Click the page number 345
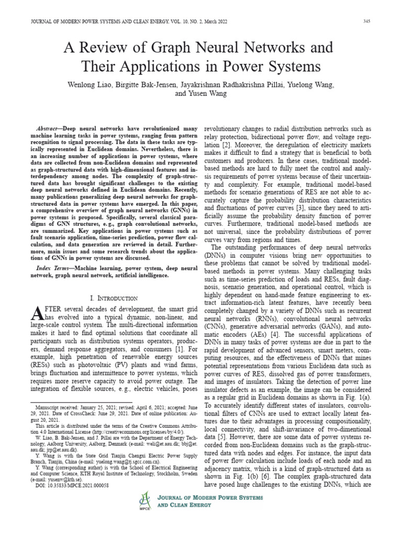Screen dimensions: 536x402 coord(366,21)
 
